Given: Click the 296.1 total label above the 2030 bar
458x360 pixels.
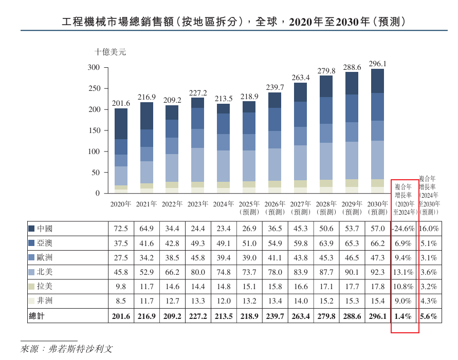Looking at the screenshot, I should (377, 64).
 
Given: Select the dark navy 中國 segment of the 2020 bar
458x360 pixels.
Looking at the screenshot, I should (121, 124).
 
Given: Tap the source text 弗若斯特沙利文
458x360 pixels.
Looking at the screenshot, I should (80, 349).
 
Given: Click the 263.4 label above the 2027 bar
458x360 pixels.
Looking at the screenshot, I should (301, 78).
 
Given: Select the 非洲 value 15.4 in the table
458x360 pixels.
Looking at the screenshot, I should (377, 300).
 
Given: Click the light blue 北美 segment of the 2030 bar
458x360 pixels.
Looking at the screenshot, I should (377, 160).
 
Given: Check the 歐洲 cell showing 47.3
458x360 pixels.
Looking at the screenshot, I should (377, 257).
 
